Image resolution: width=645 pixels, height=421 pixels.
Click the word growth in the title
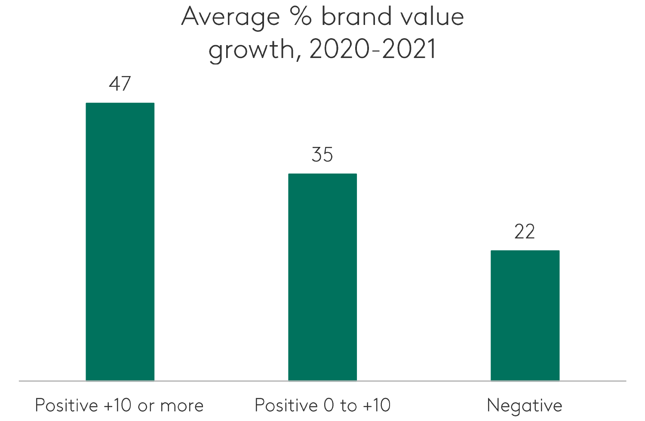click(252, 50)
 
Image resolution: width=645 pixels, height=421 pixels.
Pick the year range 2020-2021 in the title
click(373, 49)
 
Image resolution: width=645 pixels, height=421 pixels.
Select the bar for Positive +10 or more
click(120, 241)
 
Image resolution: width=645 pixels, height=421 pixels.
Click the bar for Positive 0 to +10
click(322, 277)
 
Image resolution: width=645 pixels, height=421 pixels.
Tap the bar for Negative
click(525, 315)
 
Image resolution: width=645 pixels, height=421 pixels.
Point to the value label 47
click(120, 84)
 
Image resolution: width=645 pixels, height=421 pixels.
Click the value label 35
click(322, 155)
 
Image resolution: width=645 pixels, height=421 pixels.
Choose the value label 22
click(525, 232)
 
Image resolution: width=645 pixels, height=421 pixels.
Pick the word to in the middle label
click(348, 405)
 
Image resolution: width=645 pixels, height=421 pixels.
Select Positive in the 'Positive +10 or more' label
click(66, 405)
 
